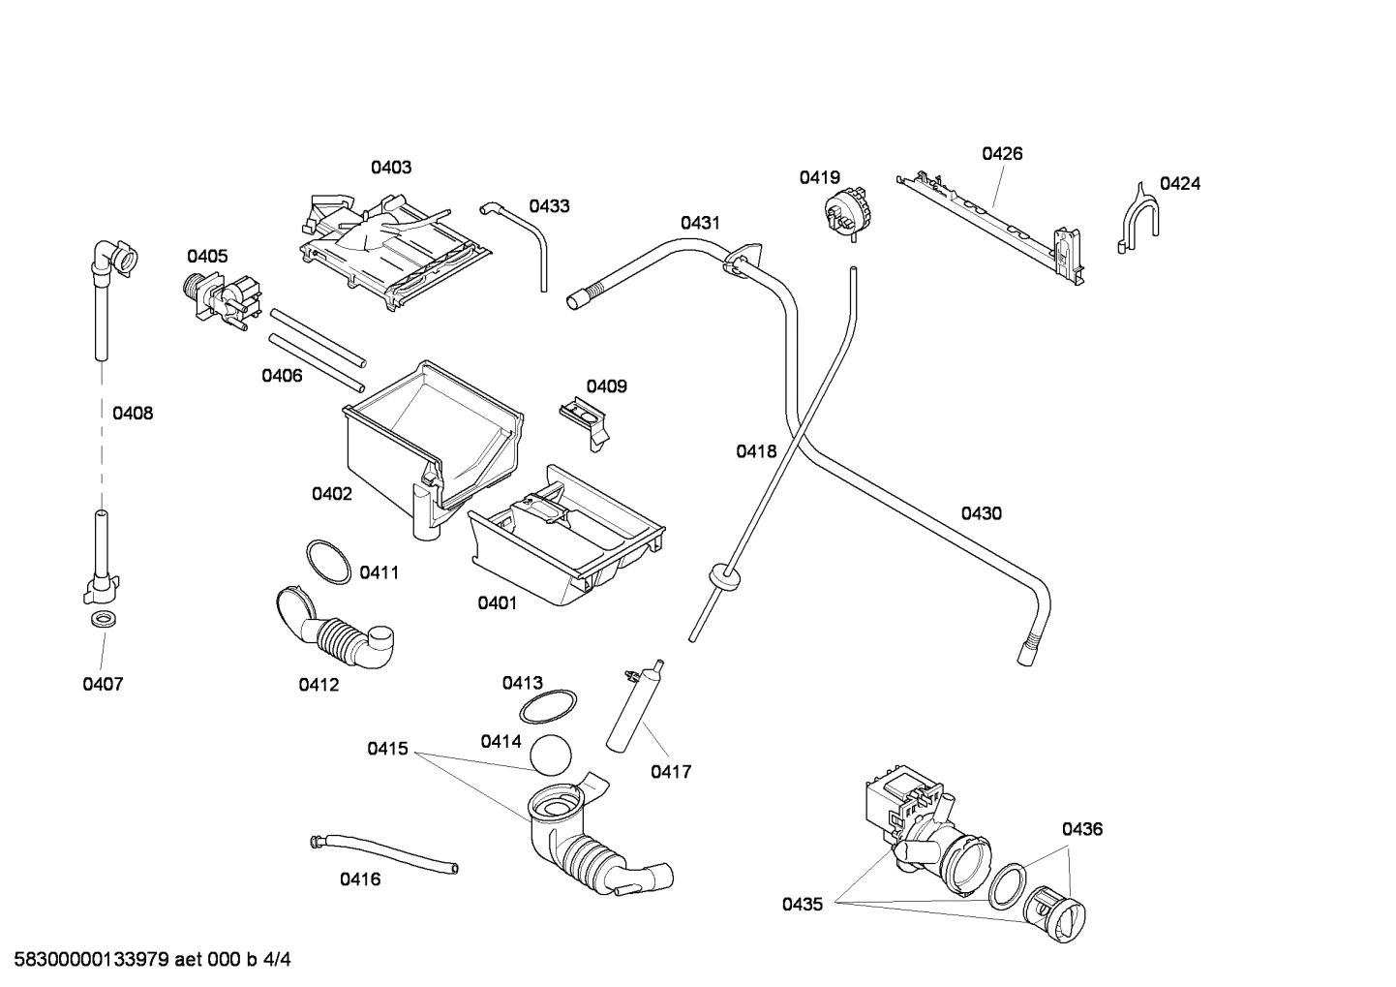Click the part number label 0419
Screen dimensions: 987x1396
pos(819,177)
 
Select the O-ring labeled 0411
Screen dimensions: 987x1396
pos(328,563)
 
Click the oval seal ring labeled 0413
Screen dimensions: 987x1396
pos(548,707)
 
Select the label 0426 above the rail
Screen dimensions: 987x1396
pos(1002,153)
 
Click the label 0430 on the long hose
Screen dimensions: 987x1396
pos(981,513)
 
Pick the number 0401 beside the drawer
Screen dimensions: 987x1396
pos(497,602)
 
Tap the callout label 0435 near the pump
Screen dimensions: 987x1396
pos(803,904)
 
